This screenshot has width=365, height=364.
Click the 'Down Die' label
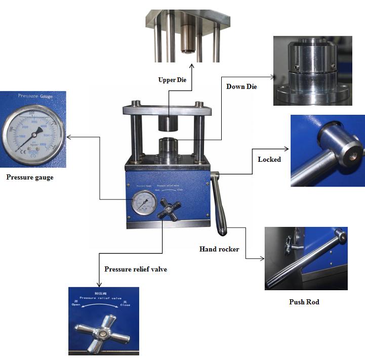241,86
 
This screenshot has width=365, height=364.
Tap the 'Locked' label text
269,159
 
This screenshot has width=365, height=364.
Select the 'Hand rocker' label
219,249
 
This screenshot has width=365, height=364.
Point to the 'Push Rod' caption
304,302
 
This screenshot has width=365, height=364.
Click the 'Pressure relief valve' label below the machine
136,269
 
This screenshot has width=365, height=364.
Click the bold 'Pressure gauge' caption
29,177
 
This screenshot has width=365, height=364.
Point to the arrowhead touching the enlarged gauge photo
68,136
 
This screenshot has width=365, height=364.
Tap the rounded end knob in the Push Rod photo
343,236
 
